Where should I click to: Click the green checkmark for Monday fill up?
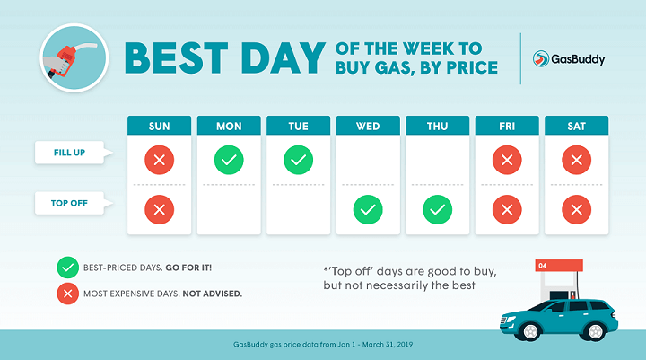click(229, 161)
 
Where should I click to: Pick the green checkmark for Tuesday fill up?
click(298, 161)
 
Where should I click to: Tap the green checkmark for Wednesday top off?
click(368, 210)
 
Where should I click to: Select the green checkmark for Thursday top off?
click(437, 210)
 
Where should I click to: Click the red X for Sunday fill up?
click(159, 161)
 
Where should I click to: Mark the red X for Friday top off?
click(507, 210)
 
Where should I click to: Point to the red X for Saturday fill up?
click(576, 161)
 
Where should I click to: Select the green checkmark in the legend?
click(66, 267)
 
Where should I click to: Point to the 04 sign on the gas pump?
click(541, 266)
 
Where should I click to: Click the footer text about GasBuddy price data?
click(322, 345)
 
